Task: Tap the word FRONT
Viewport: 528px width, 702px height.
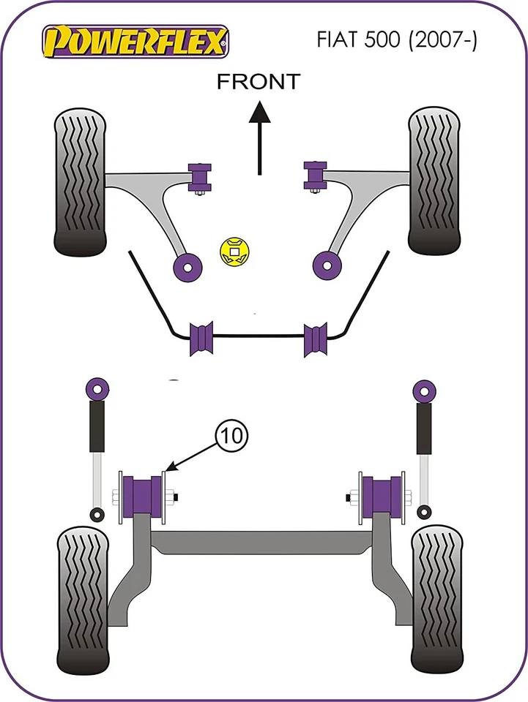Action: (x=259, y=82)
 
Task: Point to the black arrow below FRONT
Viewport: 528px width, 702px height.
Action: (x=258, y=135)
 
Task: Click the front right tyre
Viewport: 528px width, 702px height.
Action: (x=434, y=181)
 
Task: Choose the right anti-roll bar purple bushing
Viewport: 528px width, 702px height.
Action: (x=316, y=339)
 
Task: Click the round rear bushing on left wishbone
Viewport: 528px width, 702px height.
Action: (x=187, y=266)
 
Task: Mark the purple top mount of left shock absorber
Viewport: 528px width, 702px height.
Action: (x=96, y=389)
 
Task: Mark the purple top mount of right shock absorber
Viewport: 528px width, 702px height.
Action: (x=423, y=389)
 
